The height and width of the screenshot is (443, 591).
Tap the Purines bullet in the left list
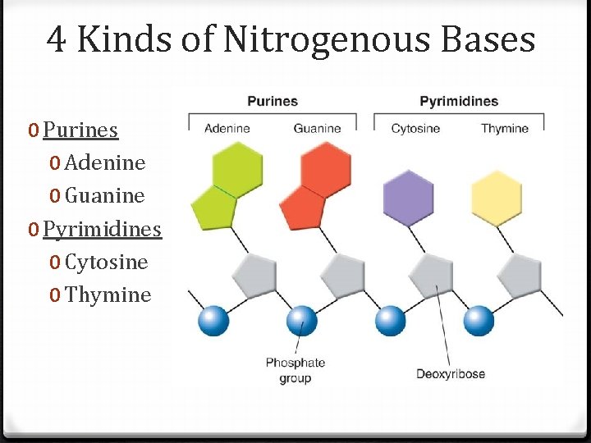pos(80,130)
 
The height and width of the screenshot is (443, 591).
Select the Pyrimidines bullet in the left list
pos(102,229)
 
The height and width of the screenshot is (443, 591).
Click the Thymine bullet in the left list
pos(108,295)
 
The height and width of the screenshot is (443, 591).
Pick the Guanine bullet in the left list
pos(104,196)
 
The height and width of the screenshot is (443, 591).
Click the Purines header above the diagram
pos(273,102)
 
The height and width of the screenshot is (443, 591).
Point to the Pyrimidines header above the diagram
pos(459,102)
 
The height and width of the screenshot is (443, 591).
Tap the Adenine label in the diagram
pos(227,128)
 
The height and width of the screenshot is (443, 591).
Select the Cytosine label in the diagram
pos(415,128)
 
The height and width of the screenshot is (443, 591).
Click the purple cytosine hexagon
pos(408,198)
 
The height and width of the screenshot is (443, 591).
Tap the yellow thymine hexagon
pos(497,198)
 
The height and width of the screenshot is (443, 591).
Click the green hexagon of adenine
pos(237,169)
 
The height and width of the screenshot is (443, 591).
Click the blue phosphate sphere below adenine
pos(213,320)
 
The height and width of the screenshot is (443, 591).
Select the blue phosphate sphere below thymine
pos(479,320)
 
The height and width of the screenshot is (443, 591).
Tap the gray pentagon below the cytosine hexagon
pos(433,276)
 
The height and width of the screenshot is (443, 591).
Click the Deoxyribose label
pos(451,374)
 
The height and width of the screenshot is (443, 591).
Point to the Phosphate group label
pos(295,370)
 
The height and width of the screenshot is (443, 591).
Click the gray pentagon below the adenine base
pos(254,276)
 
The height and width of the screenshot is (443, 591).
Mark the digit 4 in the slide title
pos(57,39)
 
